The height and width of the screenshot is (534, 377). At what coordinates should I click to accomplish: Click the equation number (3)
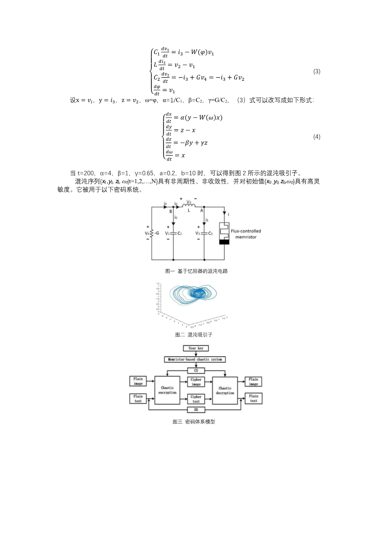coord(317,71)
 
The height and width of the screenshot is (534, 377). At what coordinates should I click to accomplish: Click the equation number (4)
coord(317,137)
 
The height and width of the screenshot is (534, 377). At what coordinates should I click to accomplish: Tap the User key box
coord(196,348)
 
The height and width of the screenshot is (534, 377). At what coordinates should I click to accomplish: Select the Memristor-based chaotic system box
coord(195,359)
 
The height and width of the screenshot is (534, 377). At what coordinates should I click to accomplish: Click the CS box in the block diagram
coord(196,370)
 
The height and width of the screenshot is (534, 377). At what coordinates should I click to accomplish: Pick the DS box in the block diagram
coord(196,410)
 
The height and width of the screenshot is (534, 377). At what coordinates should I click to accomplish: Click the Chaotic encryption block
coord(167,390)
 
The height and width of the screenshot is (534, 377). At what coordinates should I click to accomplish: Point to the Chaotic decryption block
coord(225,390)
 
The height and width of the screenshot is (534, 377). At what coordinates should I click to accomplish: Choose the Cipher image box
coord(196,382)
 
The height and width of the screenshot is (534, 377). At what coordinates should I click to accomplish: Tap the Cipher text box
coord(196,399)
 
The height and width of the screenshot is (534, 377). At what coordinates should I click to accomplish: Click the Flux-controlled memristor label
coord(246,234)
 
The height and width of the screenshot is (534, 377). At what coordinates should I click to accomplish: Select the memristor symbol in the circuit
coord(224,233)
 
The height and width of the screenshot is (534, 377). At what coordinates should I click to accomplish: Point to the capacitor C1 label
coord(210,233)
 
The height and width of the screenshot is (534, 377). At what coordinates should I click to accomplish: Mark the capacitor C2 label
coord(179,233)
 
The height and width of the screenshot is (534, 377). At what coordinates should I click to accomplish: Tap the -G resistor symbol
coord(152,233)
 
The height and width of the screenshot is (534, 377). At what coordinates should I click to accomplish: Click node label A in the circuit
coord(201,211)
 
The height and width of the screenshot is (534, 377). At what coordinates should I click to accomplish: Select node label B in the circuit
coord(171,211)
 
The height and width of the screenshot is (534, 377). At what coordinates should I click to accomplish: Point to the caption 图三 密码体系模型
coord(194,422)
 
